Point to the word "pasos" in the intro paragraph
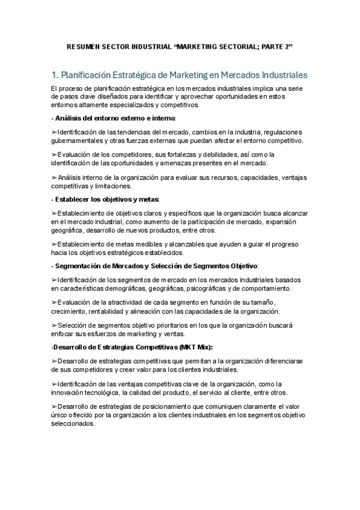pos(66,97)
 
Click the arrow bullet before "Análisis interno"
pos(55,179)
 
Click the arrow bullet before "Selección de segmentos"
pos(55,325)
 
